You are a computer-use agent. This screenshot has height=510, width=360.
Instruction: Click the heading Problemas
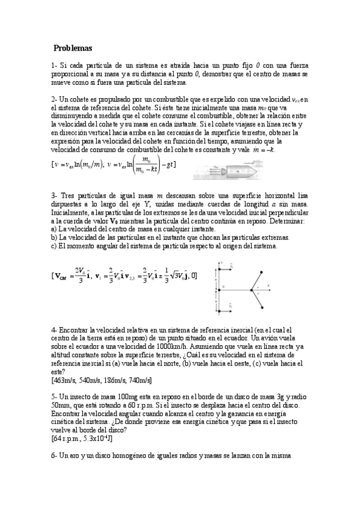point(72,48)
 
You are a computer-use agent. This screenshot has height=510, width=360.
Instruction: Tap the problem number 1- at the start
point(54,65)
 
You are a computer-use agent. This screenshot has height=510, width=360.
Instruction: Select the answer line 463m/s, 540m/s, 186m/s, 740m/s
point(102,380)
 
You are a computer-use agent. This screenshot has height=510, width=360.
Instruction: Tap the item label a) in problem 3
point(54,230)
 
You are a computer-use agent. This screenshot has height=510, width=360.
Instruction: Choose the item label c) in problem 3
point(54,245)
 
